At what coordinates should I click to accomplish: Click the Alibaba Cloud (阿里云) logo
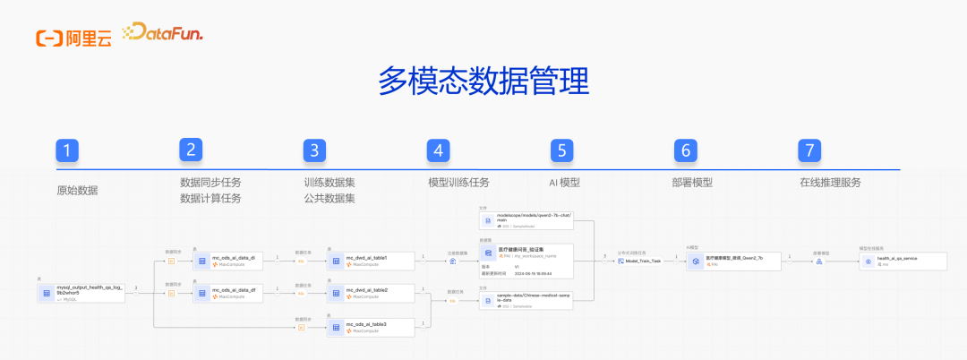[73, 36]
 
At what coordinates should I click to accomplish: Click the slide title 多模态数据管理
[483, 81]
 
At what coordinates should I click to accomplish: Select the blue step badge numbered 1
[68, 150]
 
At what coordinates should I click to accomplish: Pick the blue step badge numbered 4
[438, 150]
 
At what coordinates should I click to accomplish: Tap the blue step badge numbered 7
[809, 150]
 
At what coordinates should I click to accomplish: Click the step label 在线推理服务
[830, 182]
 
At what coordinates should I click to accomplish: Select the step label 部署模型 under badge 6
[692, 182]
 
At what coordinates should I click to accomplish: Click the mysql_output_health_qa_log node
[81, 292]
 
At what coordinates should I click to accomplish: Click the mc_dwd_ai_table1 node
[370, 261]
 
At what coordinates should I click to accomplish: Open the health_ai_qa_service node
[901, 261]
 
